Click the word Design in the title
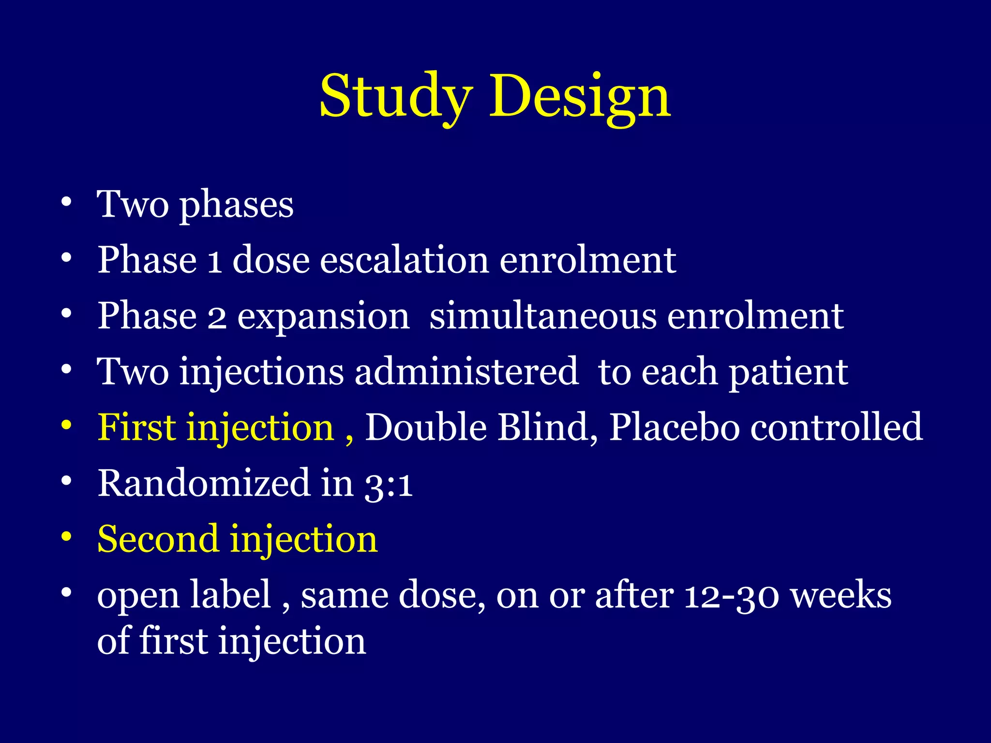pos(580,97)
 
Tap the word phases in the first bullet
pos(236,206)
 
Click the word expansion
pos(323,317)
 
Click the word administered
pos(466,372)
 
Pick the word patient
pos(788,373)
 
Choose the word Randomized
pos(204,483)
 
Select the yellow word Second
pos(157,539)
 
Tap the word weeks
pos(841,595)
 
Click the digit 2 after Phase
pos(217,317)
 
